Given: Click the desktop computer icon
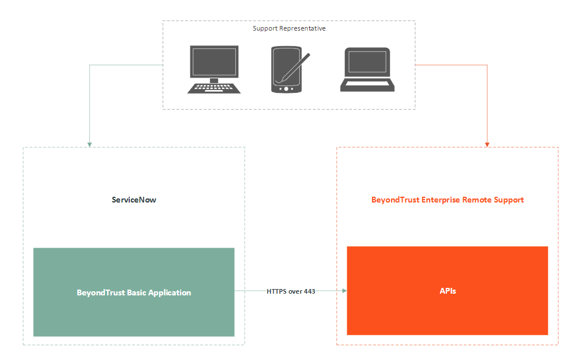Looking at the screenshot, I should [214, 69].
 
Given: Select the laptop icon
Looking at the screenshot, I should [367, 70].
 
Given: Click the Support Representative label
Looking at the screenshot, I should [289, 28].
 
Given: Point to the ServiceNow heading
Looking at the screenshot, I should [134, 200].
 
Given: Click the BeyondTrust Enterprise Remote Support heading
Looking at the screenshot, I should [448, 200].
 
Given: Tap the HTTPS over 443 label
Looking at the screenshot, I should [291, 291].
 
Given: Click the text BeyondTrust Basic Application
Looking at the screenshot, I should [134, 292].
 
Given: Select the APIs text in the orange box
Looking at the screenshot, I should [448, 291].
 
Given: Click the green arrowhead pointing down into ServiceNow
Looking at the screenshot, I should [90, 144].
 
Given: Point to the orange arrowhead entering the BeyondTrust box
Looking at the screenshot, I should [487, 144].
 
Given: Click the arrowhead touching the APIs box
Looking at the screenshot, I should [344, 291].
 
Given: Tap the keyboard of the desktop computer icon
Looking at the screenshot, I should [214, 88].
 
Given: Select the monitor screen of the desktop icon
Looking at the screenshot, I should [214, 62].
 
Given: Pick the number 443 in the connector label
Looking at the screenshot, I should [309, 291].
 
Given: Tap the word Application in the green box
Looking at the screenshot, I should [170, 292].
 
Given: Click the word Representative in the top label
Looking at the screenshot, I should [303, 28].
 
